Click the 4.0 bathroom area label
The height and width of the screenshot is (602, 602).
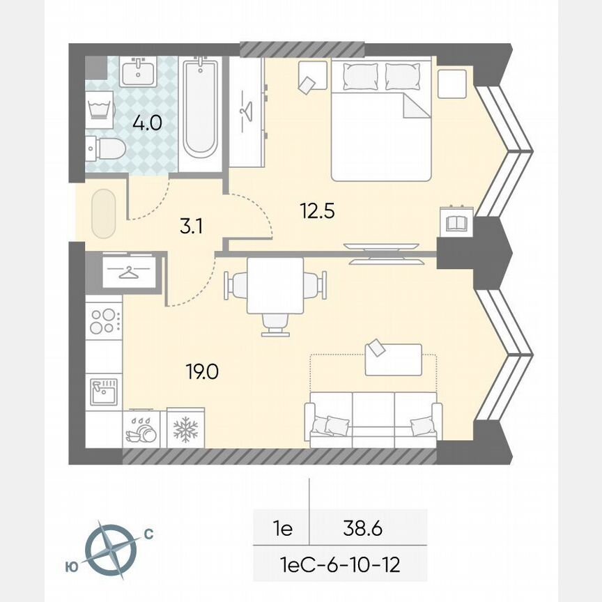(147, 123)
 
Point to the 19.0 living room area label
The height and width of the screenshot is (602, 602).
(202, 372)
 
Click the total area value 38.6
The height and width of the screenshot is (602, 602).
(362, 529)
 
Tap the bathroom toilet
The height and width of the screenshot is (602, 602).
(104, 147)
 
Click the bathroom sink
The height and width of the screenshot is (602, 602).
(137, 70)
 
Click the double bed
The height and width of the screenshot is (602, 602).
(380, 120)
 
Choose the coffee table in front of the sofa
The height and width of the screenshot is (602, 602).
(393, 359)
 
